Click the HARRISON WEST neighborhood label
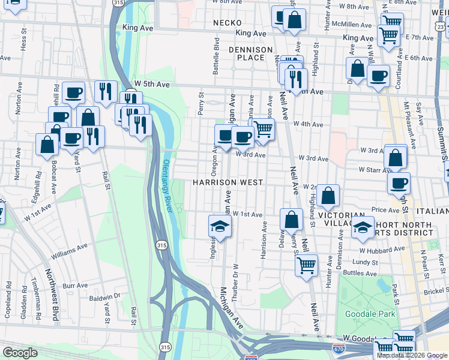(228, 182)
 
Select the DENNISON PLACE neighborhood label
(251, 53)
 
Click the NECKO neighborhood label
(227, 23)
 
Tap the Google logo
(20, 353)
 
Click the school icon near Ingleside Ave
(220, 226)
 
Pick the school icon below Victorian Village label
(363, 226)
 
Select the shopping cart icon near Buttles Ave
(307, 265)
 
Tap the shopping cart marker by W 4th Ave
(263, 128)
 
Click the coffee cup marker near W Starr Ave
(399, 183)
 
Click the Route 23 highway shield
(441, 27)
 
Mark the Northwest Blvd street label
(53, 300)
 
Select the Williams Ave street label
(69, 250)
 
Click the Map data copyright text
(411, 355)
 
